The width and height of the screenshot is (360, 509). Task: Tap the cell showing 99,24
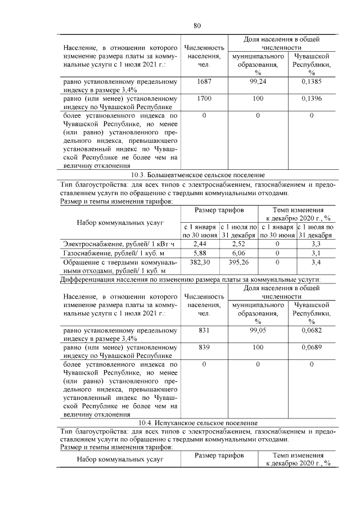pyautogui.click(x=258, y=82)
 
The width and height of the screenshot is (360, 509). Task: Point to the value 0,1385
pyautogui.click(x=312, y=82)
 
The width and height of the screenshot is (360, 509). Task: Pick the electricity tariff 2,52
pyautogui.click(x=239, y=244)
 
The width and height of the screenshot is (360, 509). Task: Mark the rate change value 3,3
pyautogui.click(x=316, y=244)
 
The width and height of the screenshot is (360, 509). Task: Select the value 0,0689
pyautogui.click(x=312, y=348)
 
